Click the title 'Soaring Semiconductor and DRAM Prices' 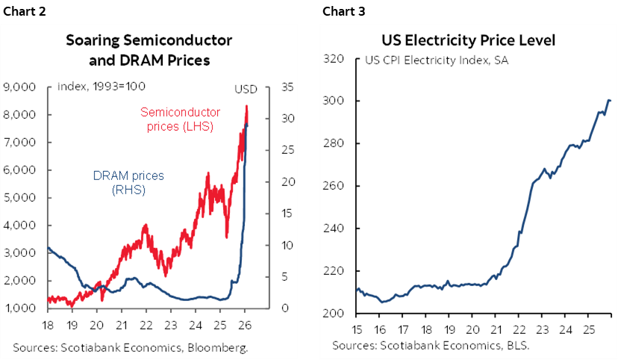click(149, 49)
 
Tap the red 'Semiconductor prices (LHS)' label click(177, 119)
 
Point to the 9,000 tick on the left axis click(21, 87)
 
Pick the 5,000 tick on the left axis click(21, 198)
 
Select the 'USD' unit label click(246, 89)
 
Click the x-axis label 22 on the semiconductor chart click(146, 326)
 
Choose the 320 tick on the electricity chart click(332, 59)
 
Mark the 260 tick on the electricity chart click(332, 187)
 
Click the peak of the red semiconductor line click(246, 106)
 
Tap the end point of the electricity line click(611, 101)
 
